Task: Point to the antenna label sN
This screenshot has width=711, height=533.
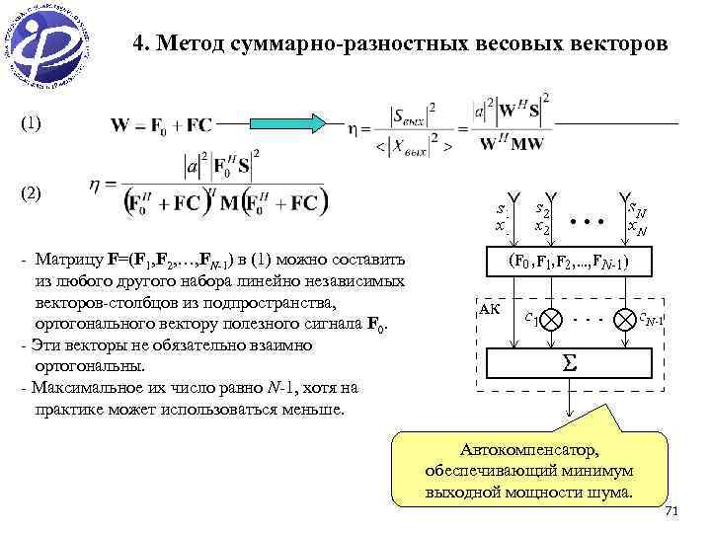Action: click(x=635, y=209)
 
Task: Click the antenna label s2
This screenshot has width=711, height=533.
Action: click(x=542, y=209)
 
